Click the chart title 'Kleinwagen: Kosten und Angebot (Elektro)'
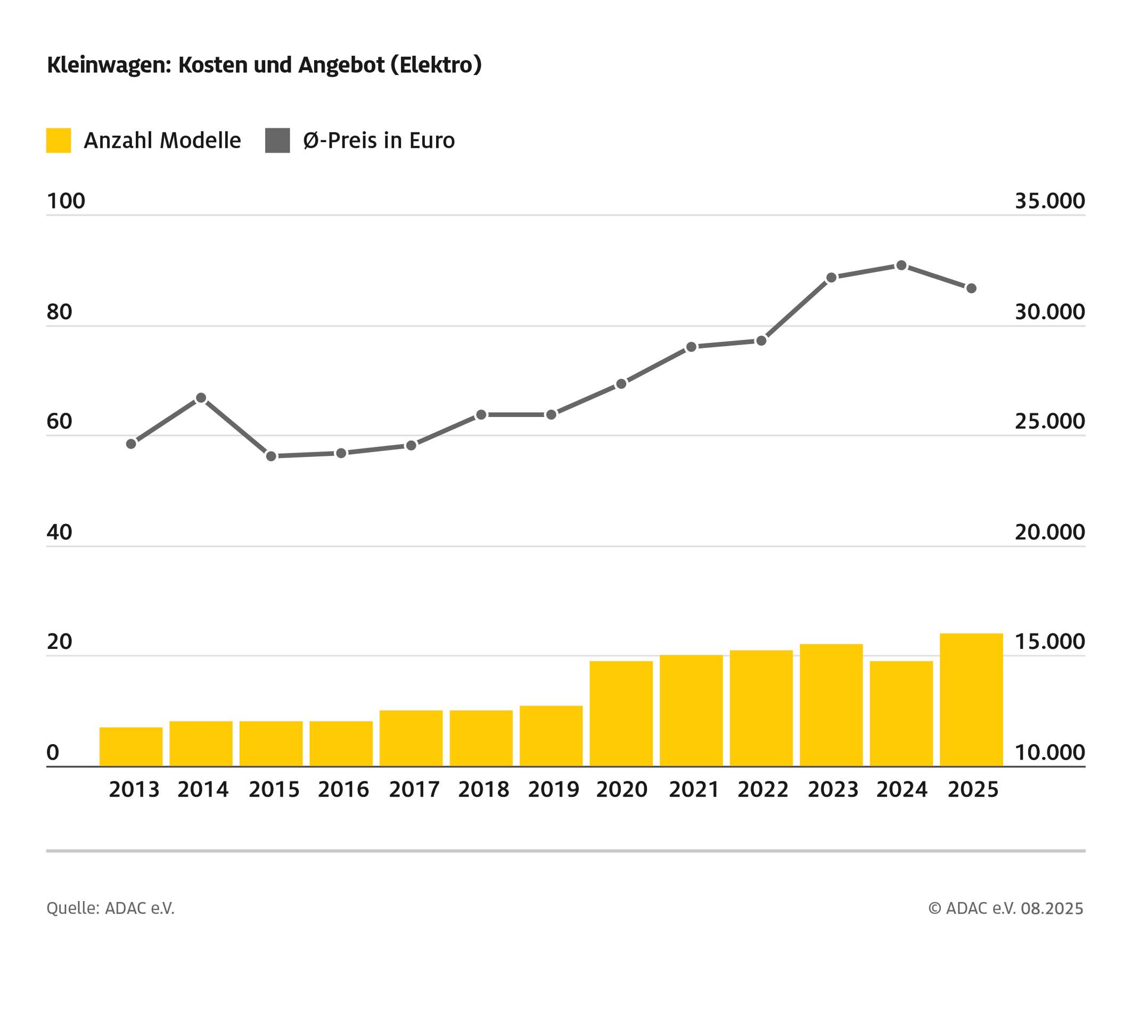pos(264,65)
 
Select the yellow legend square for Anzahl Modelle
pos(59,140)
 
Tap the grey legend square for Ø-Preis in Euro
pos(277,140)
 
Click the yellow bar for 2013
pos(131,747)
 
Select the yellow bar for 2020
pos(621,714)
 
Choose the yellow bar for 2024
pos(901,714)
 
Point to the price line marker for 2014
pos(201,398)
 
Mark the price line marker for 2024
pos(901,265)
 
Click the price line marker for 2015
pos(271,456)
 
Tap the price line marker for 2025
pos(972,288)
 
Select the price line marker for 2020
pos(621,384)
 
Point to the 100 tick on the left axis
pos(66,201)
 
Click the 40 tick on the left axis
pos(59,532)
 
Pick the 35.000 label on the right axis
pos(1050,201)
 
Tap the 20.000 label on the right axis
pos(1050,532)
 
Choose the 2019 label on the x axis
pos(553,789)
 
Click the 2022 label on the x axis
pos(763,789)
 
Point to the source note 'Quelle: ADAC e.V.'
pos(111,908)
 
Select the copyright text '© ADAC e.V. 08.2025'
pos(1006,908)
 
